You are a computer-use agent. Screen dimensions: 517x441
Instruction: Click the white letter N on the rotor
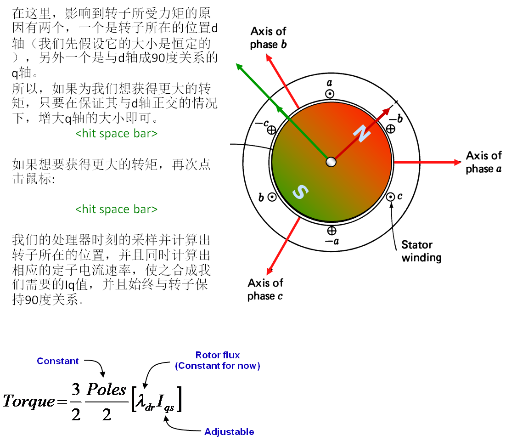click(362, 134)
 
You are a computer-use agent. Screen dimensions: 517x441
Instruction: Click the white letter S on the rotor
click(299, 192)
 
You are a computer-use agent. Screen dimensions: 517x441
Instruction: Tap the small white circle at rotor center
click(331, 162)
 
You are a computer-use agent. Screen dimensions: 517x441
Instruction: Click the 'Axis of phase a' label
click(483, 162)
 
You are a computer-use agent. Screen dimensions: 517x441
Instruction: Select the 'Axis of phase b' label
click(268, 38)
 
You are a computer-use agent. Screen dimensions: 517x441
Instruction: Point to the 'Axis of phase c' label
click(265, 289)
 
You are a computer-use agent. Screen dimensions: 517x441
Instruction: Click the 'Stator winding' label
click(421, 251)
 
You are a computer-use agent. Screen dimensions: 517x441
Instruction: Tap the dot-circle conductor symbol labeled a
click(330, 94)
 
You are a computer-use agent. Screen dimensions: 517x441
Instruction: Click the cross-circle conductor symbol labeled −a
click(332, 230)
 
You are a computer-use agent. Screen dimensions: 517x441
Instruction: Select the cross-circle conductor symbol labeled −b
click(391, 129)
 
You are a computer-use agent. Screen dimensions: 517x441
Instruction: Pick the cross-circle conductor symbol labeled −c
click(271, 130)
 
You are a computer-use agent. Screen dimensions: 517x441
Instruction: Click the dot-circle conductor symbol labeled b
click(272, 197)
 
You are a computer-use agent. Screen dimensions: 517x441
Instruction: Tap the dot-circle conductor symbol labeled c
click(391, 197)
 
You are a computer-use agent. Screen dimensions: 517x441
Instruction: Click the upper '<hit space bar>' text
click(117, 134)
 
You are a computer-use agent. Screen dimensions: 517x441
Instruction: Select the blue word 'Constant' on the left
click(58, 361)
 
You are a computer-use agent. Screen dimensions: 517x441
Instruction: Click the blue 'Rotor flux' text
click(218, 355)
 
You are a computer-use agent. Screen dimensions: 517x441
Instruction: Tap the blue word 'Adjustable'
click(229, 432)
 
